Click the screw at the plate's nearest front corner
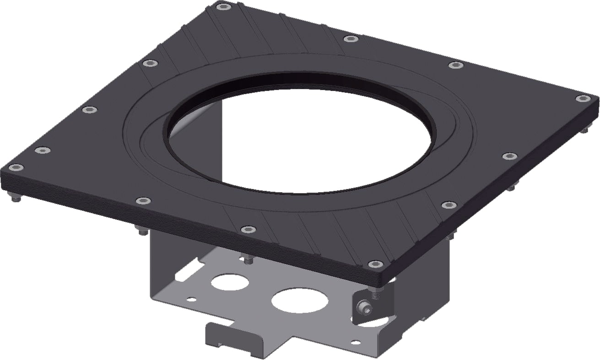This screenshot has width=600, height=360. coord(375,264)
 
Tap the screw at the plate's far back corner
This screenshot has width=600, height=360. coord(223,7)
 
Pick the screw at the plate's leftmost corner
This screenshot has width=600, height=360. coord(16,168)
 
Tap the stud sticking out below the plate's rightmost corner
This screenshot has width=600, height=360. coord(584,131)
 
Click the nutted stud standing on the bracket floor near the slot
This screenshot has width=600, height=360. coord(248,259)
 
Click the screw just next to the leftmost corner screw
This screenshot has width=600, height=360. coord(43,150)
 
